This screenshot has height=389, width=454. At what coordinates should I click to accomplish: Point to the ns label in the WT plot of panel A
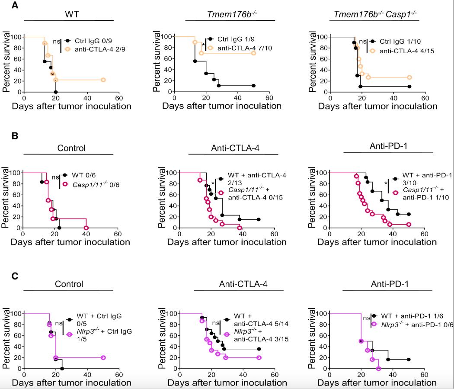click(x=56, y=41)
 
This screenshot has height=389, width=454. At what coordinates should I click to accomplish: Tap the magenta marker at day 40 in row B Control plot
click(x=86, y=228)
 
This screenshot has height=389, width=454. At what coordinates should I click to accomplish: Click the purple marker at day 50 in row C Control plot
click(x=103, y=357)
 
